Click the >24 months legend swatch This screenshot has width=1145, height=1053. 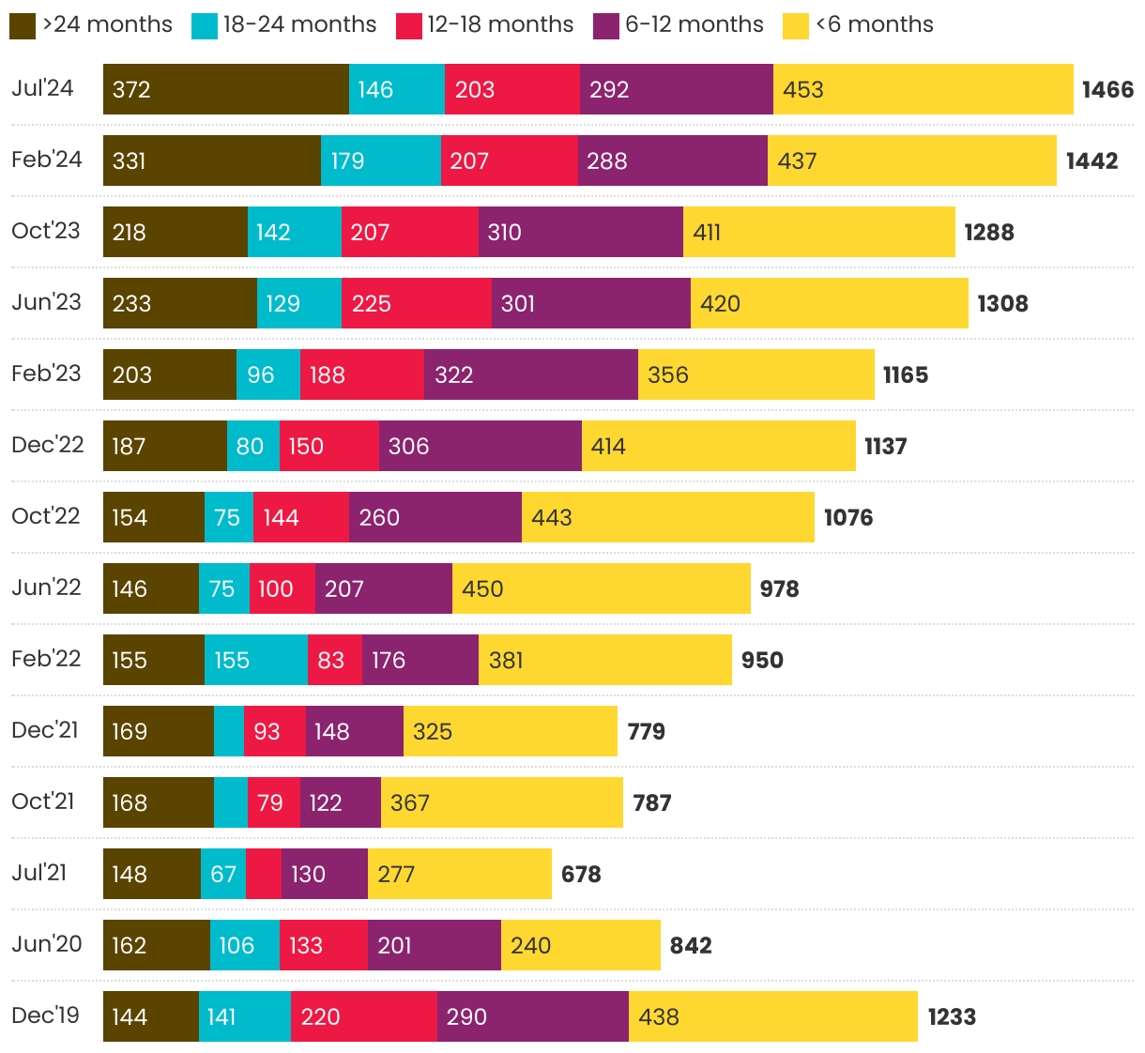click(x=23, y=25)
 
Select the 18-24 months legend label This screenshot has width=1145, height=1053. click(x=299, y=24)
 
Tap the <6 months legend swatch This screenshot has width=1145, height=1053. click(x=795, y=25)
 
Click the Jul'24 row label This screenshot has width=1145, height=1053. click(x=42, y=88)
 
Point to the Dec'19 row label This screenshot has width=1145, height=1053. click(x=45, y=1015)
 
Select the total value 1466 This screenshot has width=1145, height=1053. click(x=1107, y=89)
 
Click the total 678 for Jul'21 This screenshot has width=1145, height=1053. click(x=581, y=874)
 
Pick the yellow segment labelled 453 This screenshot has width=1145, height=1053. click(x=923, y=89)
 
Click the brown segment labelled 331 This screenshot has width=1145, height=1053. click(x=211, y=160)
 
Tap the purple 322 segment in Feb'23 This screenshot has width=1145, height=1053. click(x=530, y=374)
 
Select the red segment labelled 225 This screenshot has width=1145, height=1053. click(x=416, y=303)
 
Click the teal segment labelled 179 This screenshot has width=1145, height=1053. click(x=380, y=160)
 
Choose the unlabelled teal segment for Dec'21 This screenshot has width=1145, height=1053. click(x=228, y=731)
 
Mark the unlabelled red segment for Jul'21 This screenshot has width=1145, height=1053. click(x=263, y=874)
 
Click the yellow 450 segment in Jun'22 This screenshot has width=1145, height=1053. click(x=601, y=588)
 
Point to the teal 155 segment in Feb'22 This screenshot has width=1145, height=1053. click(x=255, y=660)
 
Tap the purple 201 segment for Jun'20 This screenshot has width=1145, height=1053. click(x=434, y=945)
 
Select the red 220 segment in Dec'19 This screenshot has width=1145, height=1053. click(x=363, y=1016)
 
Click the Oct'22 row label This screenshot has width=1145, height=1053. click(x=46, y=516)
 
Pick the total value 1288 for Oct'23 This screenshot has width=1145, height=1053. click(x=988, y=232)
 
